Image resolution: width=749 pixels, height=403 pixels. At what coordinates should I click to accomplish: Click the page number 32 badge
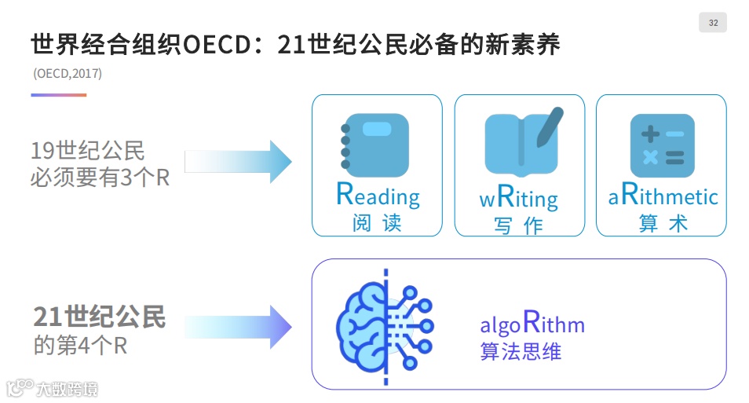click(x=712, y=23)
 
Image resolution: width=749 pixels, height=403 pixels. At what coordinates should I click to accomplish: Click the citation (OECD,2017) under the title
click(x=68, y=74)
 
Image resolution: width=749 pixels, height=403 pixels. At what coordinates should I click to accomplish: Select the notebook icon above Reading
click(x=374, y=145)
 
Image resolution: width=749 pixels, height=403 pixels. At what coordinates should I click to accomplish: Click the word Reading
click(x=378, y=194)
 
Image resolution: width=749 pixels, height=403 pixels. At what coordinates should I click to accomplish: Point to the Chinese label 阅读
click(x=377, y=222)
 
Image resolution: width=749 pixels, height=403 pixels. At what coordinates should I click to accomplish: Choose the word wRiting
click(x=518, y=197)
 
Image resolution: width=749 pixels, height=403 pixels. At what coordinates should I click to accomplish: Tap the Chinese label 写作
click(x=519, y=225)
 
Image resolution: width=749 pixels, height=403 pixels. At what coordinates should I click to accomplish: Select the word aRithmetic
click(x=663, y=196)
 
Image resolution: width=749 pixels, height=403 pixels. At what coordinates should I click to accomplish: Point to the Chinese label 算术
click(x=663, y=223)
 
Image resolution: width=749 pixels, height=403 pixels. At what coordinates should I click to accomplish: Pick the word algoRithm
click(x=532, y=323)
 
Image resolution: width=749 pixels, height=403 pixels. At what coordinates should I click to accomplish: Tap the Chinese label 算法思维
click(x=521, y=351)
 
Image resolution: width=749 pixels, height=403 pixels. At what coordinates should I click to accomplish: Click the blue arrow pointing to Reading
click(x=238, y=162)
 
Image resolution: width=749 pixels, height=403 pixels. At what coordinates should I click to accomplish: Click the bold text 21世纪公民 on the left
click(x=100, y=317)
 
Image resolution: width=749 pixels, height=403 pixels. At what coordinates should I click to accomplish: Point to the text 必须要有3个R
click(x=100, y=178)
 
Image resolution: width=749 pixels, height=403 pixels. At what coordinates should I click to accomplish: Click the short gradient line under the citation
click(x=59, y=95)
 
